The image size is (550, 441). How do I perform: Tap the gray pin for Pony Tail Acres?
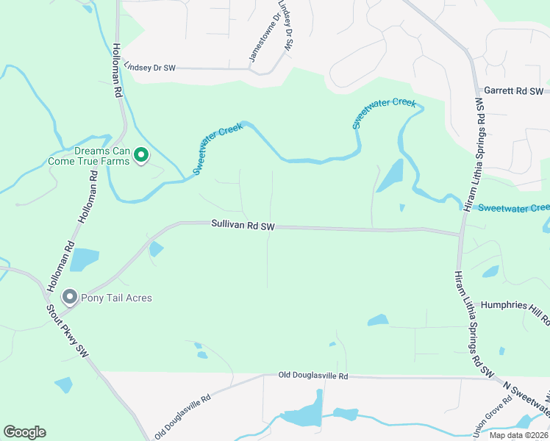[x=70, y=297]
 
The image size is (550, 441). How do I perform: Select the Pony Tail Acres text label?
[x=117, y=298]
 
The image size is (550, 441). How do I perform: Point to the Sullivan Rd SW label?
[x=243, y=226]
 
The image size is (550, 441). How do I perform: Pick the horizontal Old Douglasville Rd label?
[x=312, y=376]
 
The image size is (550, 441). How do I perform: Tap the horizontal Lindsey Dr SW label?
[x=150, y=67]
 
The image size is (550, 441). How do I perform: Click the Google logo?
[x=24, y=432]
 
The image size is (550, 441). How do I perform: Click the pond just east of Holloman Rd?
[x=85, y=259]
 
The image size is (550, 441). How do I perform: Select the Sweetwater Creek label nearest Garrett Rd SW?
[x=384, y=113]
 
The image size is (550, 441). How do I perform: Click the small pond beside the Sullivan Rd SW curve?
[x=156, y=249]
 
